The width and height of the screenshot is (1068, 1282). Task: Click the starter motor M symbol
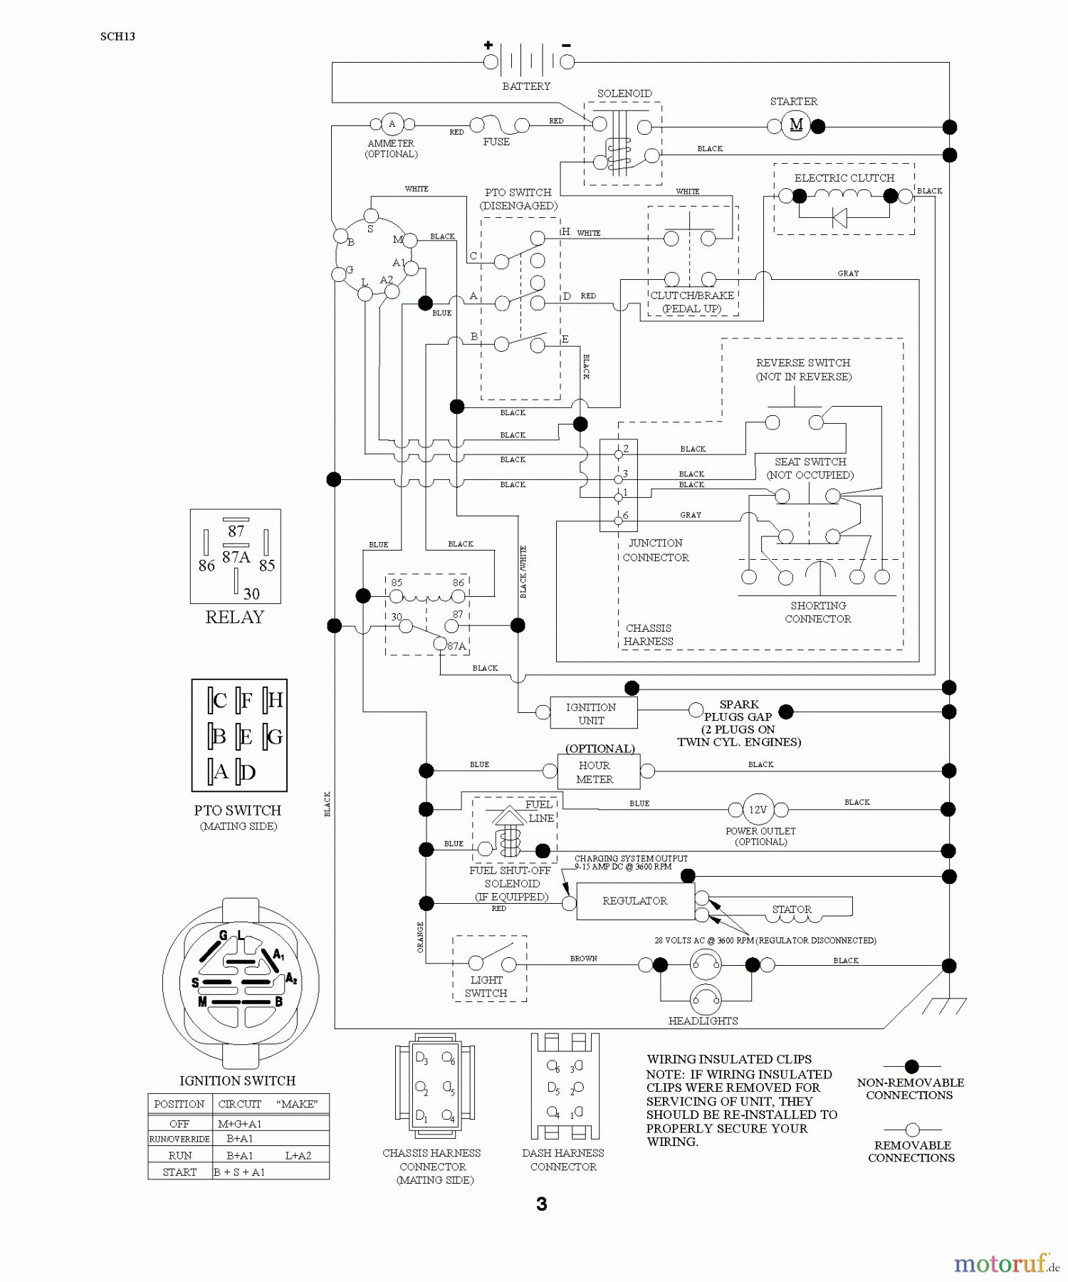pyautogui.click(x=796, y=125)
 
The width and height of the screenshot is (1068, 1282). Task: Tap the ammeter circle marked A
pyautogui.click(x=392, y=125)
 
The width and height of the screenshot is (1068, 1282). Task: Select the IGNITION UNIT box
pyautogui.click(x=591, y=713)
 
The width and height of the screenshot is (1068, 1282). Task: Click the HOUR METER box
pyautogui.click(x=595, y=772)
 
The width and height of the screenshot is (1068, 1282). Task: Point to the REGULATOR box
pyautogui.click(x=634, y=901)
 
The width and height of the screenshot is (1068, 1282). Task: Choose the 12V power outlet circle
pyautogui.click(x=758, y=810)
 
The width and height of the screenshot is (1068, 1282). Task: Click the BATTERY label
pyautogui.click(x=526, y=86)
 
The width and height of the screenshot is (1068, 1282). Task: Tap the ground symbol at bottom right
pyautogui.click(x=944, y=1006)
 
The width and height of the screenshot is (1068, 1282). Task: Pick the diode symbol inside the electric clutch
pyautogui.click(x=839, y=218)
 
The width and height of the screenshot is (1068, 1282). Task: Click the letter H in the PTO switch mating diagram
pyautogui.click(x=275, y=700)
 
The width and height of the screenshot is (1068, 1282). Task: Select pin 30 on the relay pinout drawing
pyautogui.click(x=251, y=593)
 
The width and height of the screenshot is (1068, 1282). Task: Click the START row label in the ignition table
pyautogui.click(x=179, y=1172)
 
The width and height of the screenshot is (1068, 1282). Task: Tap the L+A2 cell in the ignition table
pyautogui.click(x=298, y=1155)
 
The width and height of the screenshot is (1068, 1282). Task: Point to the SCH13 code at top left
pyautogui.click(x=117, y=36)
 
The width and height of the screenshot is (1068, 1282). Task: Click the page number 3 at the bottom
pyautogui.click(x=542, y=1204)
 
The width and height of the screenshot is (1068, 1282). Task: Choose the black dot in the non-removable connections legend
pyautogui.click(x=911, y=1066)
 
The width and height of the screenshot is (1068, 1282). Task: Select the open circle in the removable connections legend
pyautogui.click(x=912, y=1130)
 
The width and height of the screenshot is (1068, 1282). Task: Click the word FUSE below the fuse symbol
pyautogui.click(x=496, y=142)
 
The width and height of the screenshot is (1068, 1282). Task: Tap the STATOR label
pyautogui.click(x=792, y=910)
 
